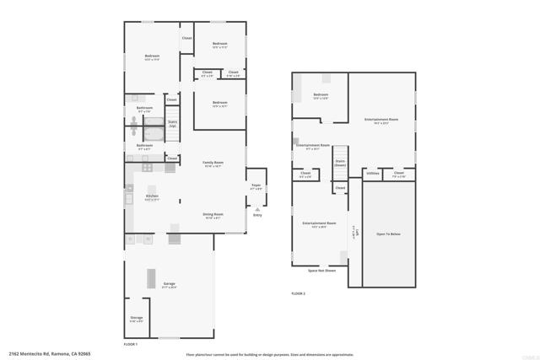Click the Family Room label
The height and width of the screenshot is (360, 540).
tap(213, 163)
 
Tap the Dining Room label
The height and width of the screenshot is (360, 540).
tap(213, 215)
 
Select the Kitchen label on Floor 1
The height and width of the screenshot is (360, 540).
tap(151, 197)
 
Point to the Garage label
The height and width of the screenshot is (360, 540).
tap(170, 284)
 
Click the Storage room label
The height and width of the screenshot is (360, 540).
tap(137, 319)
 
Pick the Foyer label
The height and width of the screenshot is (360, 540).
tap(256, 186)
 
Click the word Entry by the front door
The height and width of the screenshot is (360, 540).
tap(257, 215)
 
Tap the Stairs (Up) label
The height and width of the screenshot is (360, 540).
tap(172, 124)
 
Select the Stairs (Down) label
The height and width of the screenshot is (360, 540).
tap(340, 163)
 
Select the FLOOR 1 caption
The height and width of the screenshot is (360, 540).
tap(130, 345)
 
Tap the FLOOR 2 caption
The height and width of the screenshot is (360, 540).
tap(298, 293)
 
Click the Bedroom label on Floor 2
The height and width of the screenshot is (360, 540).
tap(321, 96)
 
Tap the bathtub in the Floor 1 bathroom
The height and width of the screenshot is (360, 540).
tap(154, 132)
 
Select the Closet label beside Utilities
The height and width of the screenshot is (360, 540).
tap(399, 174)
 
